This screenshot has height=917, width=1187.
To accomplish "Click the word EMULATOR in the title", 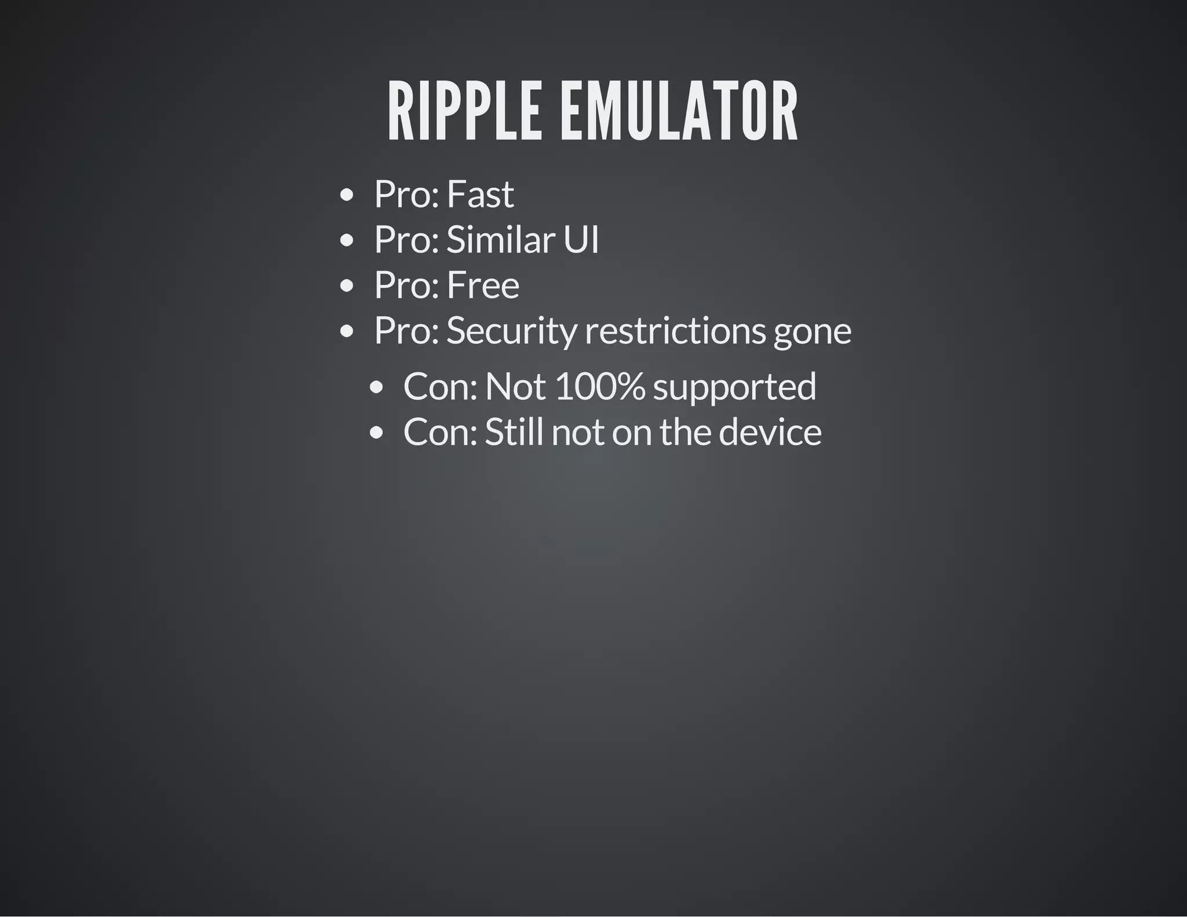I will click(679, 111).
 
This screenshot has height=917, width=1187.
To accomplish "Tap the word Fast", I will click(480, 194).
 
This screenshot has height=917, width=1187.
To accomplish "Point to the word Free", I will click(483, 285).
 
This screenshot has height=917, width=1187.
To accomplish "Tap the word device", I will click(770, 432).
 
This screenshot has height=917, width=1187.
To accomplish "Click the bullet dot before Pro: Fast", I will click(347, 195).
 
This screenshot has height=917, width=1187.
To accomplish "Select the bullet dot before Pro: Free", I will click(347, 286).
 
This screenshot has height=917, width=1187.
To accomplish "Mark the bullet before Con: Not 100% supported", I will click(376, 388).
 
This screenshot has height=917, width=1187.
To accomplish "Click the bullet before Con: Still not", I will click(376, 433).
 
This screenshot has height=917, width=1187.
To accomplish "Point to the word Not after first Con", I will click(515, 387).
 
